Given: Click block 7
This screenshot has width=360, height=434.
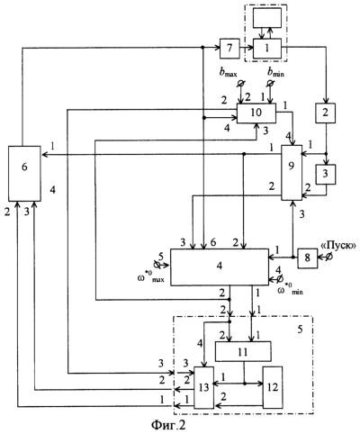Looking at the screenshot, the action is pyautogui.click(x=229, y=49).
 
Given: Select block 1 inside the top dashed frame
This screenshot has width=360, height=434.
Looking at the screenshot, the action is pyautogui.click(x=267, y=49).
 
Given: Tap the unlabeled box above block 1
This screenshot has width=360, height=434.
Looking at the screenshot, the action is pyautogui.click(x=267, y=18).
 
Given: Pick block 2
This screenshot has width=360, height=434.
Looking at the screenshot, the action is pyautogui.click(x=326, y=113).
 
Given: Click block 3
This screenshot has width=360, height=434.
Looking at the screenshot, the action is pyautogui.click(x=326, y=174).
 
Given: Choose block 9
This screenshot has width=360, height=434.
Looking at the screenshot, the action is pyautogui.click(x=292, y=172).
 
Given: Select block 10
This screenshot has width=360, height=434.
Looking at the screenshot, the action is pyautogui.click(x=256, y=113).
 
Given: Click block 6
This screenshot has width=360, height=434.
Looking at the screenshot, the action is pyautogui.click(x=24, y=174).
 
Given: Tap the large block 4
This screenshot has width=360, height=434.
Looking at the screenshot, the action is pyautogui.click(x=220, y=267).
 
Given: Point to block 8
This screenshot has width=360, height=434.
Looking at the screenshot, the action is pyautogui.click(x=308, y=258).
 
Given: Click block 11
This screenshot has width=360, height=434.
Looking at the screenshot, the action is pyautogui.click(x=243, y=351).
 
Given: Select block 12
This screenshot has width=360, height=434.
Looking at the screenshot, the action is pyautogui.click(x=273, y=387).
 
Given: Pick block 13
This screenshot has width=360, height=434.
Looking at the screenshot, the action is pyautogui.click(x=204, y=387).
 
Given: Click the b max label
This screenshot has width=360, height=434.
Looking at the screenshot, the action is pyautogui.click(x=229, y=73).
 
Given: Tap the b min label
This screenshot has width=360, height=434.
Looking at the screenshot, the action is pyautogui.click(x=275, y=73).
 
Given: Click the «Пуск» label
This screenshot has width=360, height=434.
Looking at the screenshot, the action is pyautogui.click(x=338, y=246).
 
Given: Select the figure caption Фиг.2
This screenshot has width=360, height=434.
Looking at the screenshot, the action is pyautogui.click(x=168, y=425).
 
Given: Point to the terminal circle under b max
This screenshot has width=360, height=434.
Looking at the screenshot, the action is pyautogui.click(x=240, y=83).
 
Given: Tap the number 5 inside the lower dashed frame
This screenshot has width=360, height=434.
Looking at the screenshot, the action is pyautogui.click(x=300, y=330).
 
